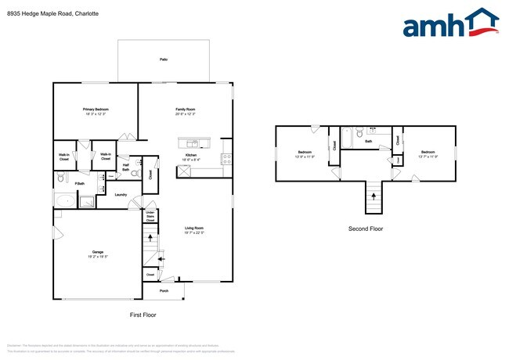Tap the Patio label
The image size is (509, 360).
pyautogui.click(x=164, y=59)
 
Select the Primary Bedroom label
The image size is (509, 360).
pyautogui.click(x=96, y=110)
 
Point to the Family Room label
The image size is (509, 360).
pyautogui.click(x=185, y=110)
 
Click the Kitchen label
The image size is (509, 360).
pyautogui.click(x=190, y=156)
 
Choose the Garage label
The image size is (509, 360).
pyautogui.click(x=97, y=252)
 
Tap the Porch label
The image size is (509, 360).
pyautogui.click(x=164, y=290)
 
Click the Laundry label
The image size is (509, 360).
pyautogui.click(x=121, y=194)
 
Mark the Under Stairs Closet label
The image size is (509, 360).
pyautogui.click(x=150, y=216)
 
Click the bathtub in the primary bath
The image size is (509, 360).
pyautogui.click(x=65, y=201)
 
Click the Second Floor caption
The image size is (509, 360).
pyautogui.click(x=366, y=229)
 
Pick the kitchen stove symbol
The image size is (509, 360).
pyautogui.click(x=226, y=157)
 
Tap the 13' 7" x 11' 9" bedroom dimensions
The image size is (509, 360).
pyautogui.click(x=428, y=156)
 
